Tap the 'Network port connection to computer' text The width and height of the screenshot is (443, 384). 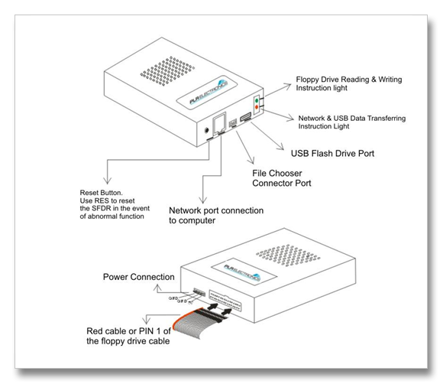(x=216, y=214)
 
